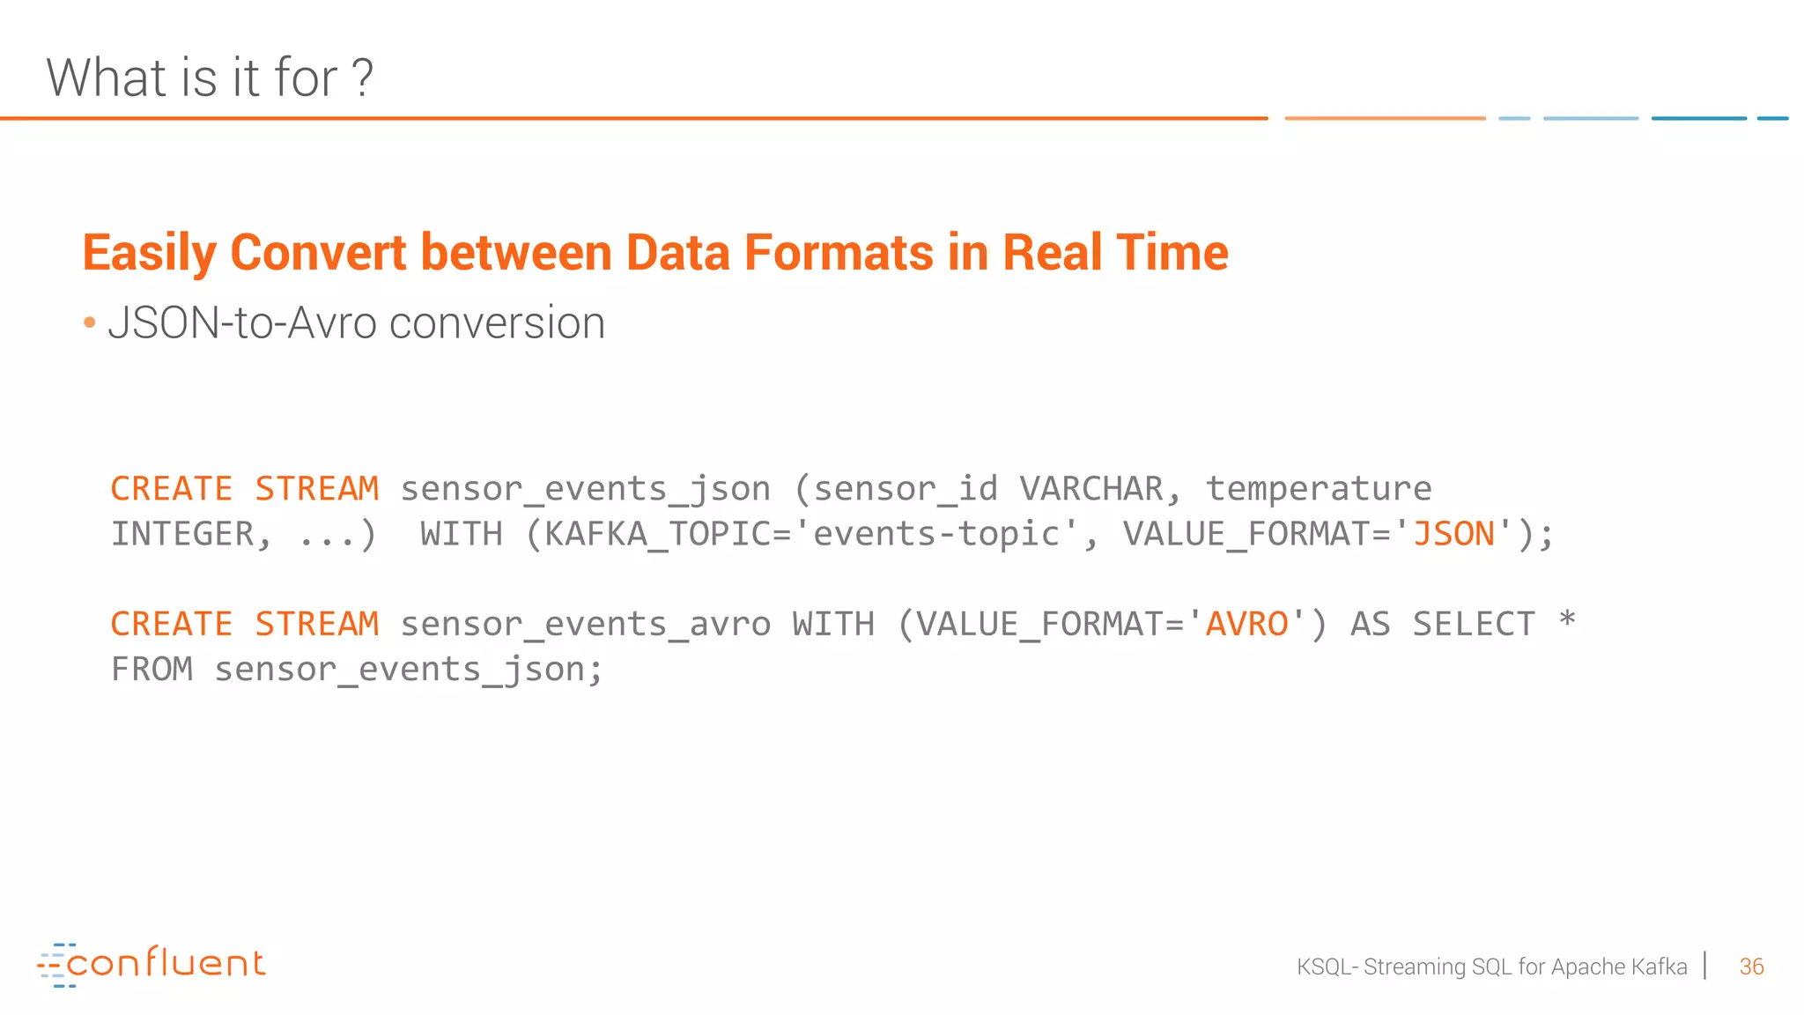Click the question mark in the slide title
click(362, 78)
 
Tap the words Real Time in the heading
click(1114, 253)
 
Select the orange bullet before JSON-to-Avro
click(89, 323)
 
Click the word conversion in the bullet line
click(497, 323)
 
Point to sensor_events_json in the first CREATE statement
click(585, 489)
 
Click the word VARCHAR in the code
click(1091, 489)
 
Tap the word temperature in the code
click(1318, 489)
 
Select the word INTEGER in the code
click(182, 534)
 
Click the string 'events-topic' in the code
click(935, 534)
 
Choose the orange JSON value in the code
click(1453, 534)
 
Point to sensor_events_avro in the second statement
click(585, 625)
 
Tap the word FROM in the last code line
click(152, 670)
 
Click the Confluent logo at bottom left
click(152, 964)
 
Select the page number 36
click(1751, 967)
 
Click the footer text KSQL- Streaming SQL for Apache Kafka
click(1491, 967)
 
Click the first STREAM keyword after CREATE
click(317, 489)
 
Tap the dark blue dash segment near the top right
click(1698, 118)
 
